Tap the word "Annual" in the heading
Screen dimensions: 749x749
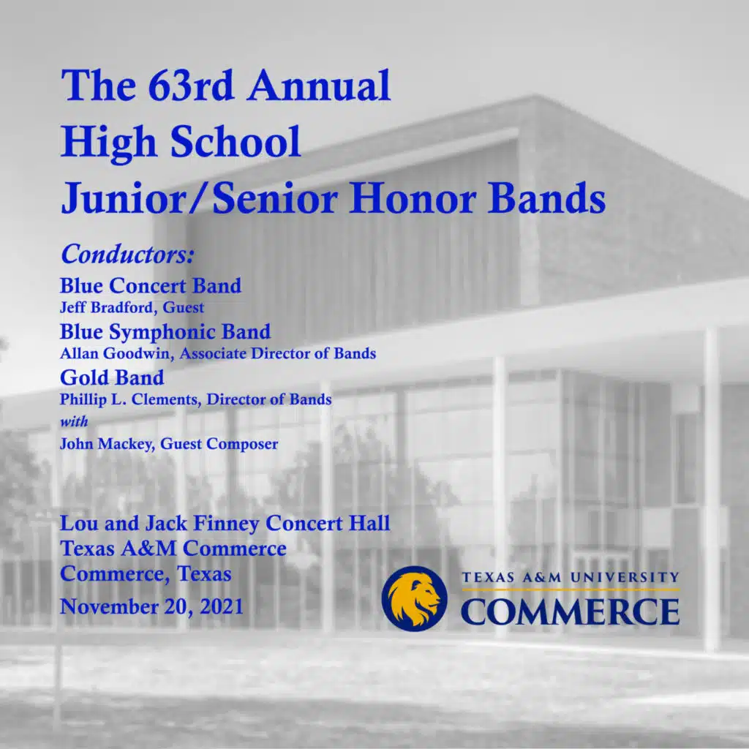pyautogui.click(x=318, y=86)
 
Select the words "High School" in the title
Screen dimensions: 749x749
pyautogui.click(x=181, y=142)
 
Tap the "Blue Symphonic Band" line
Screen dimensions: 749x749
pyautogui.click(x=165, y=331)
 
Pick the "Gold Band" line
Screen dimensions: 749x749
pyautogui.click(x=112, y=377)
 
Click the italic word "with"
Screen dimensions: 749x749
pyautogui.click(x=74, y=421)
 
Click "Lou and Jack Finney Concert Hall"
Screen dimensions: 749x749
pyautogui.click(x=225, y=524)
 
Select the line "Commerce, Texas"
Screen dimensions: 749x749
pyautogui.click(x=146, y=573)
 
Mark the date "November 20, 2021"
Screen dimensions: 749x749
pyautogui.click(x=152, y=606)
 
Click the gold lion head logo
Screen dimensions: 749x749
pyautogui.click(x=414, y=598)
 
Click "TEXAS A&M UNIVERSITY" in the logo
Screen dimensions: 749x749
pyautogui.click(x=570, y=578)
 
